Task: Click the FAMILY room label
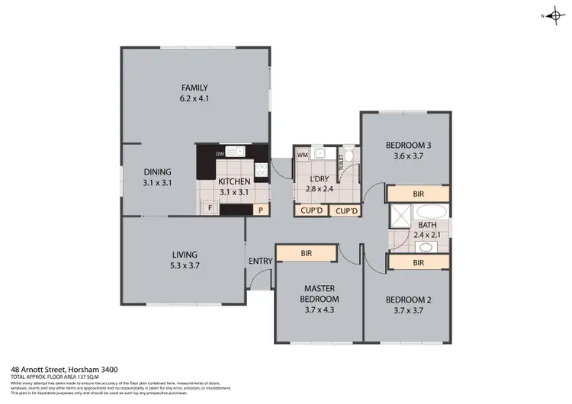[x=194, y=88]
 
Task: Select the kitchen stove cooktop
[x=262, y=170]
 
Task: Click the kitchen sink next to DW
[x=235, y=151]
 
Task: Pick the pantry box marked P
[x=260, y=210]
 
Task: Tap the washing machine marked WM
[x=303, y=154]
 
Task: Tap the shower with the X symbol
[x=397, y=220]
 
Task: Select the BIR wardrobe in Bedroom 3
[x=418, y=194]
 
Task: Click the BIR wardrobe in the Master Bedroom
[x=306, y=253]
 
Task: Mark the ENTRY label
[x=260, y=261]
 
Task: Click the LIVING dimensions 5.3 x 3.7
[x=185, y=265]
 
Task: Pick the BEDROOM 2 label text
[x=407, y=300]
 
